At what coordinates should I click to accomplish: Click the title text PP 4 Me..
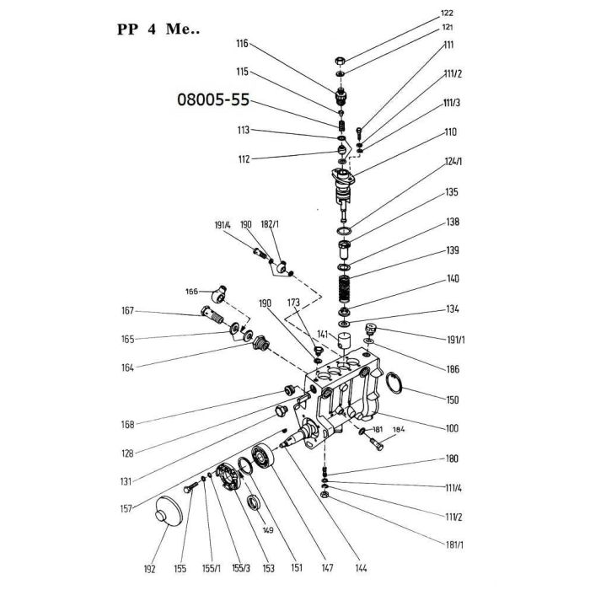click(x=158, y=29)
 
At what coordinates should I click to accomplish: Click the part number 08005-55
click(x=213, y=99)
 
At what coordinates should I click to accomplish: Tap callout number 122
click(x=447, y=13)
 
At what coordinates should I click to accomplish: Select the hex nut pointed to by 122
click(x=340, y=61)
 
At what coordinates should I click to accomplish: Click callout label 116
click(x=243, y=44)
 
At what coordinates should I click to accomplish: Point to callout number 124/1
click(x=453, y=162)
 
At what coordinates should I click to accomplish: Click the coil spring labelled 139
click(x=344, y=289)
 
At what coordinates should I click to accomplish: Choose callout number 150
click(x=453, y=400)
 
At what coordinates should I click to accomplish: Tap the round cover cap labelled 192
click(x=169, y=511)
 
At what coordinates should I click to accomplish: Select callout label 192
click(x=149, y=569)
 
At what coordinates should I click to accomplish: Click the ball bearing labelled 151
click(x=263, y=456)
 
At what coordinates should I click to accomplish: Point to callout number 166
click(x=191, y=292)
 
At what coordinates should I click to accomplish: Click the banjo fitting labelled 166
click(x=218, y=294)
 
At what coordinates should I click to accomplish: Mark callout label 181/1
click(x=454, y=544)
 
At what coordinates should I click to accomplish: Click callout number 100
click(x=452, y=428)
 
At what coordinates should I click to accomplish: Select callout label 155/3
click(x=241, y=568)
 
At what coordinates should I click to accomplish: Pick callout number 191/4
click(x=223, y=225)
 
